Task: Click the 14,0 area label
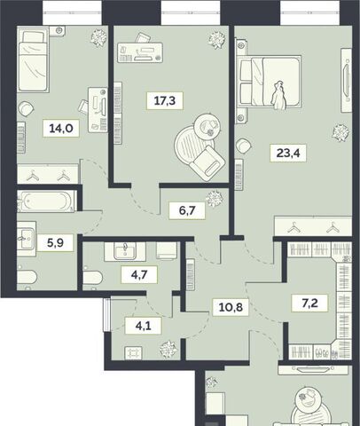point(61,129)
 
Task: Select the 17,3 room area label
point(165,100)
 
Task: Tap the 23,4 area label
point(288,153)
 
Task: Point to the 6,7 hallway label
point(187,210)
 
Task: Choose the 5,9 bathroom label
point(56,243)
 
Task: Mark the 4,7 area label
point(139,274)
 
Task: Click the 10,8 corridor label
point(231,307)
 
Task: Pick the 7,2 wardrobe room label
point(309,303)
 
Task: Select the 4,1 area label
point(144,326)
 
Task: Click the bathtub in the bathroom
point(46,201)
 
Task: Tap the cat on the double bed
point(278,95)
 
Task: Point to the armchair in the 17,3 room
point(207,162)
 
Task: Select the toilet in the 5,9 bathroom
point(27,278)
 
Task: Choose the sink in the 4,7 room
point(125,251)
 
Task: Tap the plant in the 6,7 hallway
point(215,199)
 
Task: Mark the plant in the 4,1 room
point(168,350)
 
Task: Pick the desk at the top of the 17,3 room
point(140,52)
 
